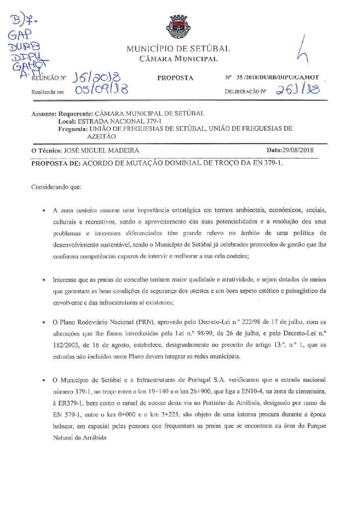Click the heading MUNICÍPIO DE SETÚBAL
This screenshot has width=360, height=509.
[178, 49]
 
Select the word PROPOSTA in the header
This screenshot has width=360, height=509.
[175, 78]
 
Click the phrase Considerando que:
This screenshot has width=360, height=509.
[56, 188]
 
